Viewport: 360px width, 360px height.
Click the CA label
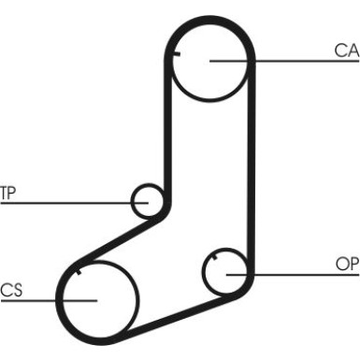coord(346,50)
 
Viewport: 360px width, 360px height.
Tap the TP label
coord(8,194)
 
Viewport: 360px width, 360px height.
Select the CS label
coord(11,290)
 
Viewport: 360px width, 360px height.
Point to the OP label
coord(347,265)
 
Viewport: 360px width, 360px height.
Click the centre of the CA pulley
coord(210,61)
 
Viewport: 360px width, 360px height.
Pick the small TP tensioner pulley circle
coord(148,200)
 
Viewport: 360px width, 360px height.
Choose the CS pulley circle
coord(97,300)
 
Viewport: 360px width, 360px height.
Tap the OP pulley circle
coord(226,273)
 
